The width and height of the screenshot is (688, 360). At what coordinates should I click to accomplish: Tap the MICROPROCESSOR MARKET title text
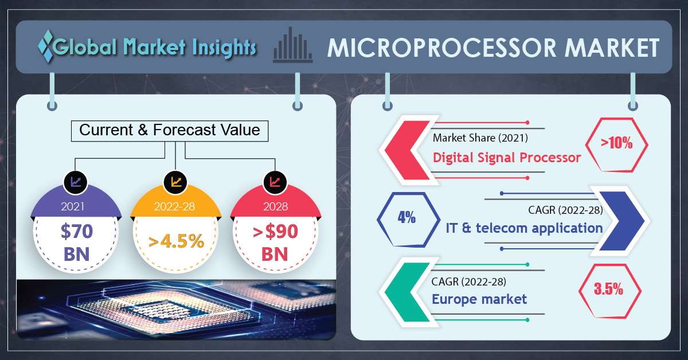pos(493,48)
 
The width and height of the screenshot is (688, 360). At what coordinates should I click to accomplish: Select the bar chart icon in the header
pos(293,45)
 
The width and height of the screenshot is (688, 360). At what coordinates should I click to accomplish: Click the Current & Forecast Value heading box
pos(170,131)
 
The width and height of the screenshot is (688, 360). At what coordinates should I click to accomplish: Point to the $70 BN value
pos(76,242)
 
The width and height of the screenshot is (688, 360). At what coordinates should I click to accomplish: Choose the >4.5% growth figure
pos(176,241)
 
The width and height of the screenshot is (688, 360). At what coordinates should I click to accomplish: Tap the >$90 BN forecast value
pos(275,242)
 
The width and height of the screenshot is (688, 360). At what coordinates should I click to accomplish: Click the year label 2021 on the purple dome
pos(72,206)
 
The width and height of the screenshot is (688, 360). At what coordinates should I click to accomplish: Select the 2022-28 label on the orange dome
pos(174,206)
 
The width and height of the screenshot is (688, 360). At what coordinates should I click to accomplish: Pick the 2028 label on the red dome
pos(276,206)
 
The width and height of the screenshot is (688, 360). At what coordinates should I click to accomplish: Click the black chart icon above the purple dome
pos(76,182)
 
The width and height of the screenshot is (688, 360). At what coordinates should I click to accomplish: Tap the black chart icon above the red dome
pos(275,182)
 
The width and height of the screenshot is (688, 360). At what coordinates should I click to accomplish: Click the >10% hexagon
pos(616,144)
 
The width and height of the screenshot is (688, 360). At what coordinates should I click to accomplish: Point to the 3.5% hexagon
pos(610,291)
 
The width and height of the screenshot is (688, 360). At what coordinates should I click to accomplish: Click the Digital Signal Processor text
pos(507,158)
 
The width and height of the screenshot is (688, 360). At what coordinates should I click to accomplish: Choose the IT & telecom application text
pos(524,228)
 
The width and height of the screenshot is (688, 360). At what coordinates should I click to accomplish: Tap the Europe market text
pos(479,299)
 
